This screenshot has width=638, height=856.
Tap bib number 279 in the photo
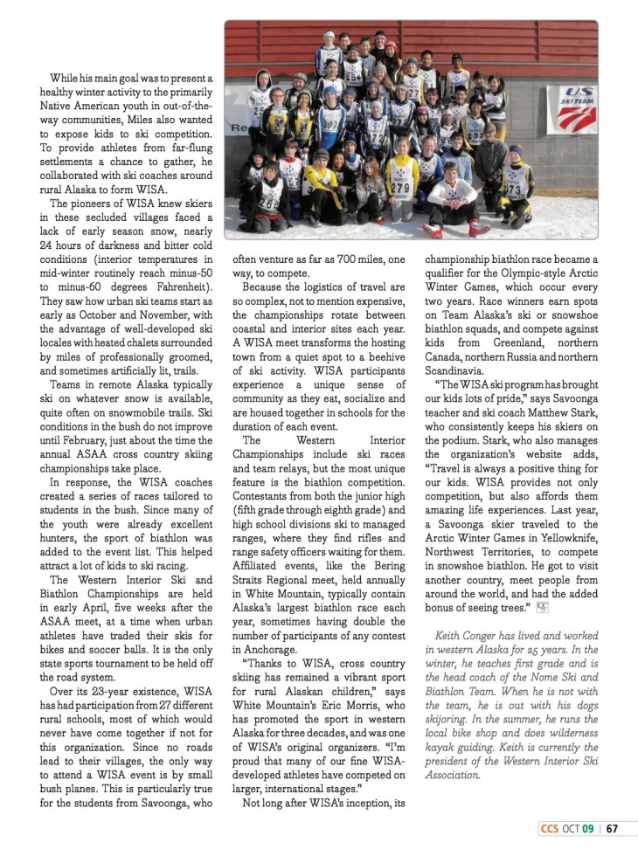[x=400, y=188]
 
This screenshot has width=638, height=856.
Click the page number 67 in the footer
[x=612, y=828]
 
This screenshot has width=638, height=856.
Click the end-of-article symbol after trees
[x=542, y=606]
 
